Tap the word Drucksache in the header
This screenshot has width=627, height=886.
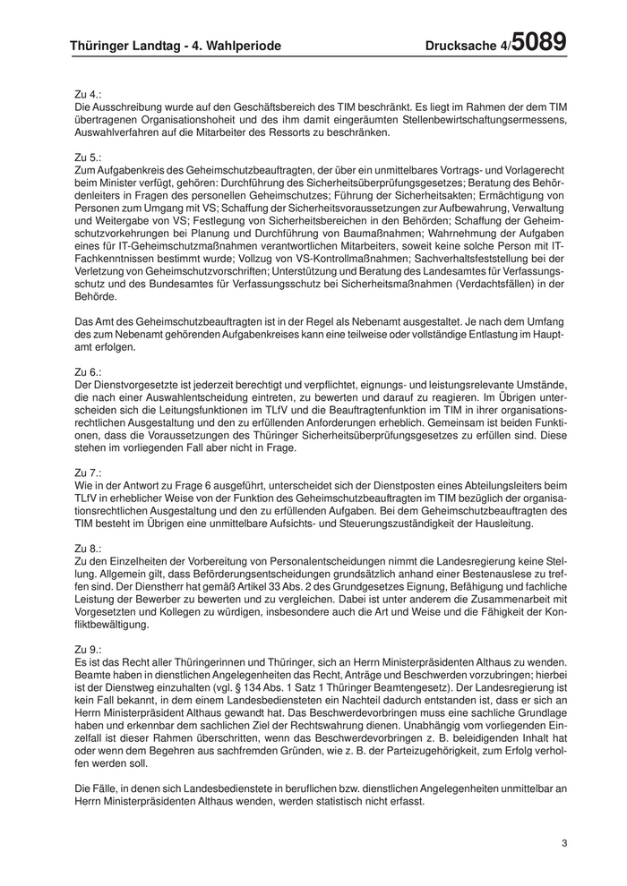coord(459,47)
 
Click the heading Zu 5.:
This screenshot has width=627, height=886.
coord(88,157)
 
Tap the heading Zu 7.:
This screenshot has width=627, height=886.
coord(88,471)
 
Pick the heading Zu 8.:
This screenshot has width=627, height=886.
coord(88,547)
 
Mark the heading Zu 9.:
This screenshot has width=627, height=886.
coord(88,647)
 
